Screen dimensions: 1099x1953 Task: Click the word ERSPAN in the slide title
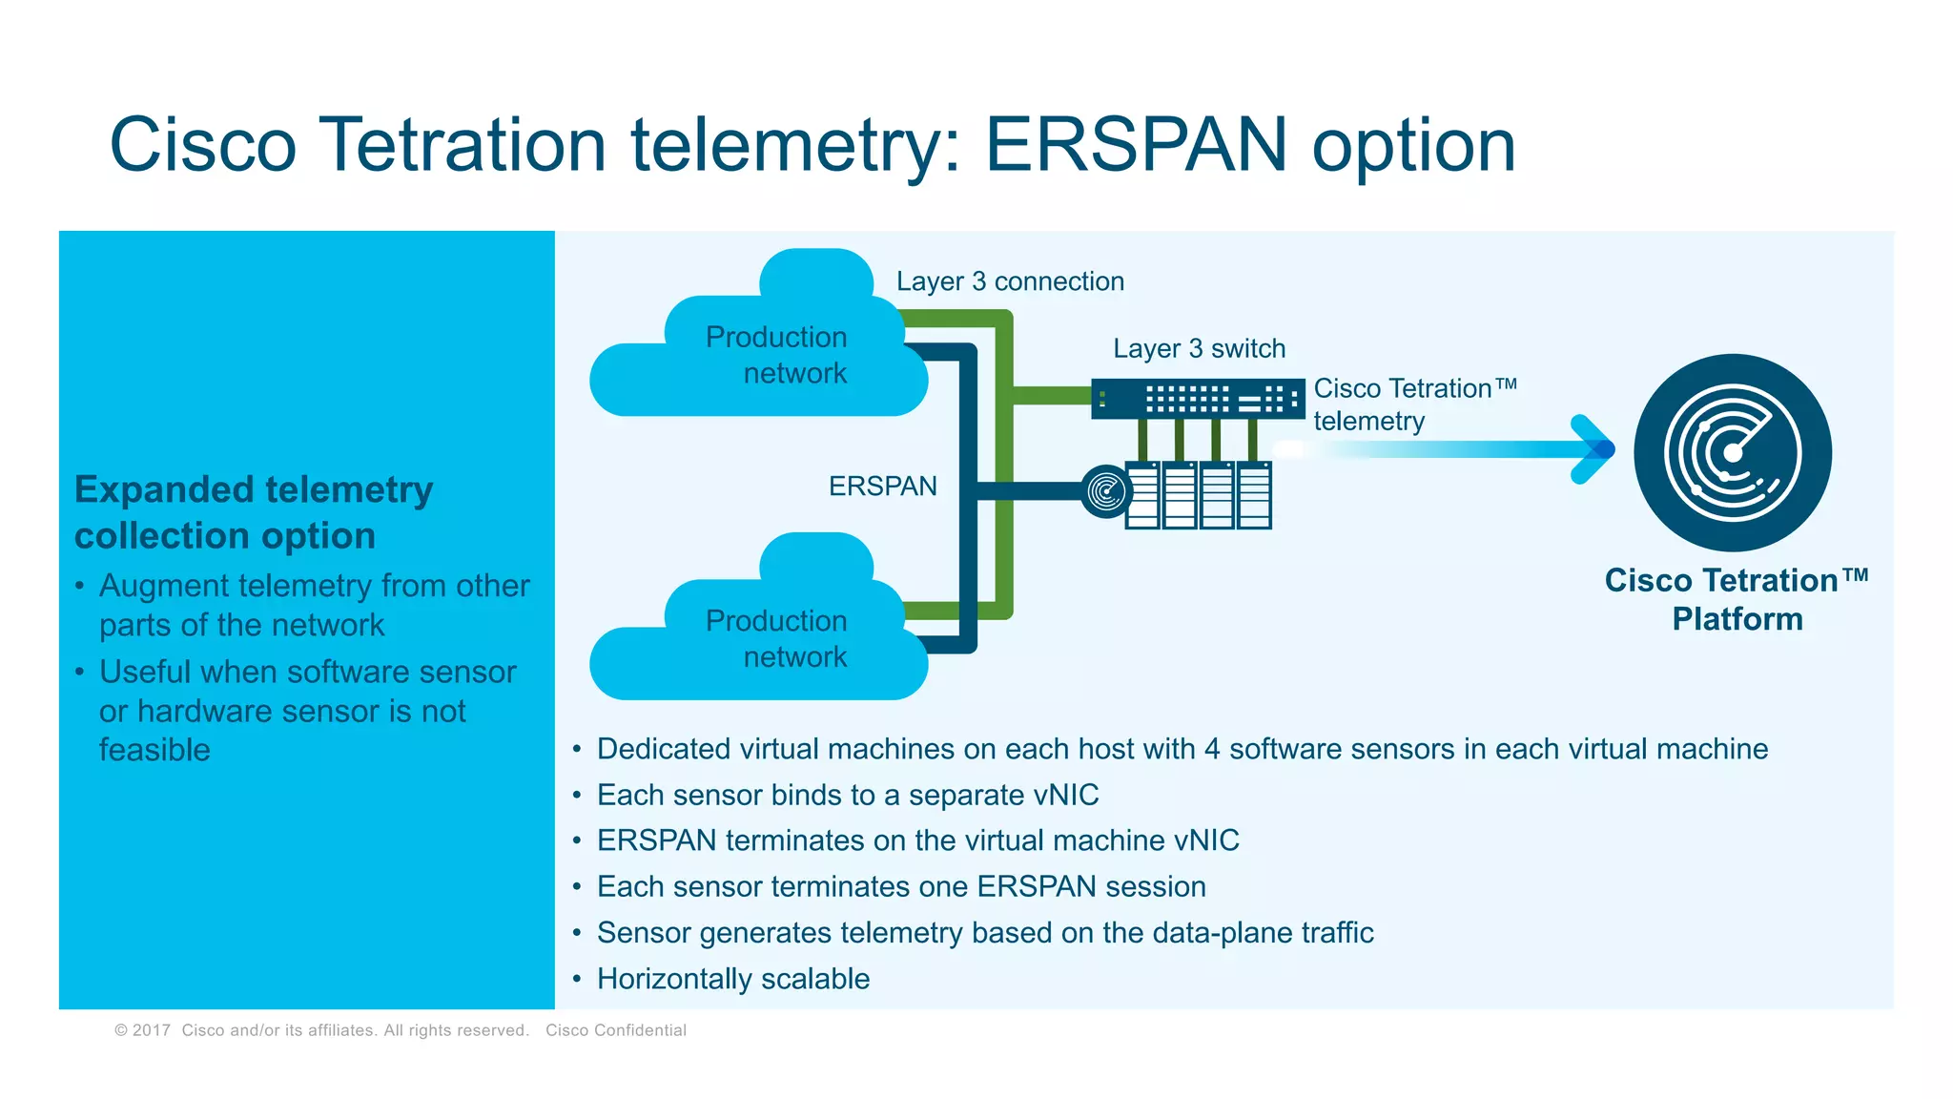(1135, 145)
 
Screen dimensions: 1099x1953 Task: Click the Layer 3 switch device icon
(1198, 398)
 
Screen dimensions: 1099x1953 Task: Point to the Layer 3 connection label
(1010, 281)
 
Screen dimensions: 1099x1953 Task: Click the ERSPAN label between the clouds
(882, 487)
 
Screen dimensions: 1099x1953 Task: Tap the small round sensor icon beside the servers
(1106, 492)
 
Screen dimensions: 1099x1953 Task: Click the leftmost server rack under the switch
(1142, 495)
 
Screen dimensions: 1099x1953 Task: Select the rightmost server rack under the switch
(1254, 495)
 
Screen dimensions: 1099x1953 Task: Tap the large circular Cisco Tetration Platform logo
(1732, 452)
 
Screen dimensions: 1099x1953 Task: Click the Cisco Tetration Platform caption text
(1736, 599)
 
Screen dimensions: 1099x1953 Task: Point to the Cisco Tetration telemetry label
(1413, 404)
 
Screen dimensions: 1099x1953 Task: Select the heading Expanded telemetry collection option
(254, 512)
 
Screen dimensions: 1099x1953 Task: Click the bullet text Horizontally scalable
(732, 979)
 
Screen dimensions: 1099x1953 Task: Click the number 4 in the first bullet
(1211, 749)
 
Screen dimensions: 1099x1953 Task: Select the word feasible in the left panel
(154, 750)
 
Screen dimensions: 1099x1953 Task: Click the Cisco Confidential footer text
(615, 1030)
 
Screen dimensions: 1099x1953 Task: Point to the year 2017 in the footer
(151, 1030)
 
